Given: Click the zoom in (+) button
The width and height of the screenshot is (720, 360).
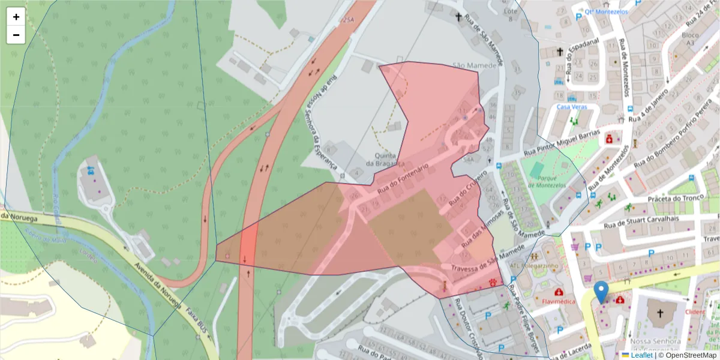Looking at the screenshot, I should (x=16, y=17).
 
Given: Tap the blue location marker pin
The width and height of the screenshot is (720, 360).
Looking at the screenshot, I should (x=601, y=292).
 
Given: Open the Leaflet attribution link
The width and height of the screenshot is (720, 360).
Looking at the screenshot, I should (x=642, y=355).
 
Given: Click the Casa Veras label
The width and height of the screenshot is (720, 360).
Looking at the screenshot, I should (x=571, y=107).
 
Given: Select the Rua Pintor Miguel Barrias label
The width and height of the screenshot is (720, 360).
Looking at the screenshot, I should (x=562, y=145).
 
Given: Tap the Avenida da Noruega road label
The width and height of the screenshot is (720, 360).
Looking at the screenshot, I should (x=157, y=284).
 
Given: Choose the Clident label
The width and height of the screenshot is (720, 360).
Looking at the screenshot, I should (x=694, y=312).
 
